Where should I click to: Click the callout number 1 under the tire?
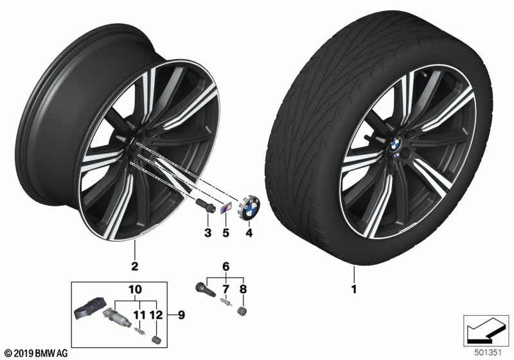click(x=353, y=289)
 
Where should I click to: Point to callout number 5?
click(x=226, y=231)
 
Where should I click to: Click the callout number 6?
click(x=225, y=265)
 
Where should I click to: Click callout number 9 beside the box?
click(x=182, y=315)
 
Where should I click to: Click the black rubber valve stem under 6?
click(x=204, y=285)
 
